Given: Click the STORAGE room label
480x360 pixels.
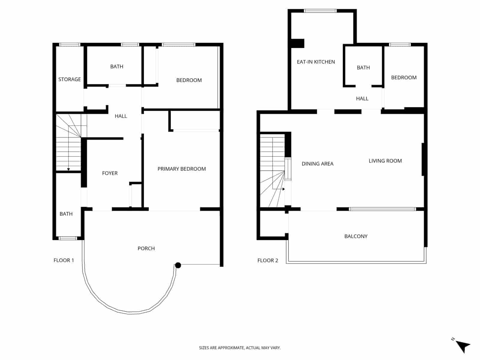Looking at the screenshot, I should (69, 79).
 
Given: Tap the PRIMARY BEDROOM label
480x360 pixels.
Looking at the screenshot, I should (181, 169).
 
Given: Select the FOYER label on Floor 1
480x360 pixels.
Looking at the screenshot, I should (109, 173).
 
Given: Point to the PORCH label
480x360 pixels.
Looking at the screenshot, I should (146, 248).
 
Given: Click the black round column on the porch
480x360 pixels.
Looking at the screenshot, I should (178, 265).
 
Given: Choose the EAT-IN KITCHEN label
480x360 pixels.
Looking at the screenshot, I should (316, 62).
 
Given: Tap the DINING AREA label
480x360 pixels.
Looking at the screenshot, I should (317, 164).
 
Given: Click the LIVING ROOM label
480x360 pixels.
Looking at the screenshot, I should (385, 161).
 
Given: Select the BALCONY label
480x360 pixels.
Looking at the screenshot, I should (356, 236).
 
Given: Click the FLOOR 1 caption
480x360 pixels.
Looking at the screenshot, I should (64, 260).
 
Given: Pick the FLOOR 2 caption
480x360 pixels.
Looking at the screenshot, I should (268, 260).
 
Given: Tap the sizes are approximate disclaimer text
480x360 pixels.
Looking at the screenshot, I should (240, 348).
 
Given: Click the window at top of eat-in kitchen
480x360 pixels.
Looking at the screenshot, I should (320, 11).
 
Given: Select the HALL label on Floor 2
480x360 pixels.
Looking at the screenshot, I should (362, 98).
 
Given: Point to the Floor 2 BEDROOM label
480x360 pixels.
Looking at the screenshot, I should (403, 77).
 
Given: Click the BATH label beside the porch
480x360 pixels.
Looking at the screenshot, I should (66, 214).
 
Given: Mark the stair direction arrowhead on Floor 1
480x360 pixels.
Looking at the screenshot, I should (68, 169).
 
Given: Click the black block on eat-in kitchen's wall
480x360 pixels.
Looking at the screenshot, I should (298, 43).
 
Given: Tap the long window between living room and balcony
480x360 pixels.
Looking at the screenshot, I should (382, 209).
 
